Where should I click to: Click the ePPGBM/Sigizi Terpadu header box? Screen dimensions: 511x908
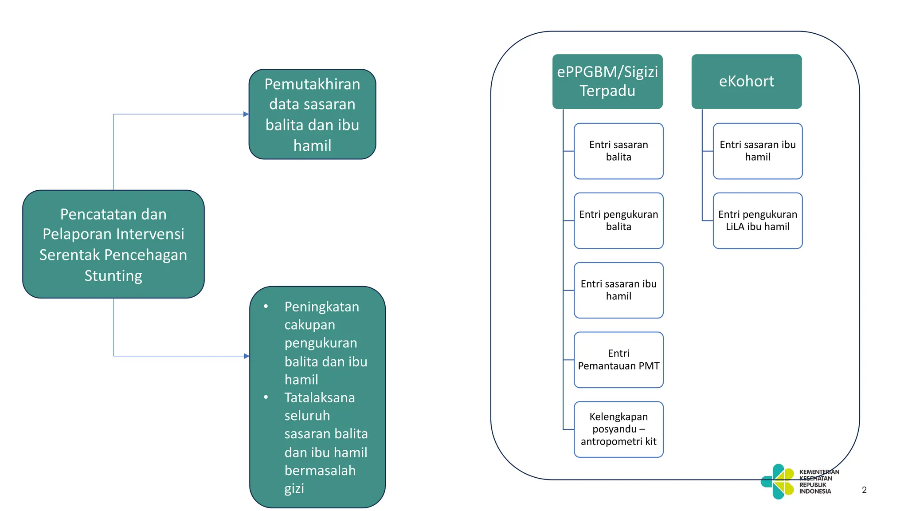(x=607, y=81)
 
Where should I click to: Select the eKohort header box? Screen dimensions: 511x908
(x=746, y=81)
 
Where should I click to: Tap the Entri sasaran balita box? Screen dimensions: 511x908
(x=618, y=151)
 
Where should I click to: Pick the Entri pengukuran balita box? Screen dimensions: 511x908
(x=618, y=220)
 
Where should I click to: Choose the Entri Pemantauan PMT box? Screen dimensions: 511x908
(x=618, y=360)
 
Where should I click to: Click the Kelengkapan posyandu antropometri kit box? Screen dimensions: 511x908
(x=618, y=429)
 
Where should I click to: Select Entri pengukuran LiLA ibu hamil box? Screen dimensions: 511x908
(x=757, y=220)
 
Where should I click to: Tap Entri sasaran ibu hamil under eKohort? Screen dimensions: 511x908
(x=757, y=151)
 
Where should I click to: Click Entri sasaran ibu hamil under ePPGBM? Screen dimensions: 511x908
(x=618, y=290)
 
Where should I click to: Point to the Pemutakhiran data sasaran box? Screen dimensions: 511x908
(x=312, y=114)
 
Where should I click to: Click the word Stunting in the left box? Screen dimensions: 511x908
(x=113, y=276)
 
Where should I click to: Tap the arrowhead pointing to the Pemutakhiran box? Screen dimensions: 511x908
(x=246, y=114)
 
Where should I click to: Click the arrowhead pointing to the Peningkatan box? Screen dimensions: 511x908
(x=247, y=356)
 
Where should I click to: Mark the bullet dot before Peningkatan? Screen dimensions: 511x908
(x=266, y=307)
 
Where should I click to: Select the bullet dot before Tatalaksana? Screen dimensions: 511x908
(x=266, y=397)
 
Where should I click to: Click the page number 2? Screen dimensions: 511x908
(x=864, y=490)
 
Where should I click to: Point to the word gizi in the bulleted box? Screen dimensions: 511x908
(x=294, y=489)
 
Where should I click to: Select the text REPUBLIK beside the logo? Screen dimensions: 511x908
(x=813, y=485)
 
